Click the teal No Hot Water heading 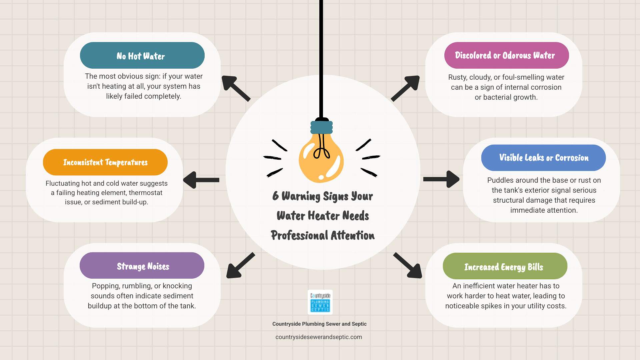click(142, 56)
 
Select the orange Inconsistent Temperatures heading click(105, 162)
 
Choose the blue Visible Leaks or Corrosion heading click(543, 158)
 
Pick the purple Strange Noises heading click(142, 266)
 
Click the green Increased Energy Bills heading click(505, 267)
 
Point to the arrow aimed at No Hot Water click(235, 88)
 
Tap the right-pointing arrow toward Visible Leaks click(441, 179)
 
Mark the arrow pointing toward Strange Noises click(240, 266)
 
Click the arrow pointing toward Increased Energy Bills click(408, 266)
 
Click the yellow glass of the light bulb click(321, 160)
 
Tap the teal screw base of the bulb click(322, 127)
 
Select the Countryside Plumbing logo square click(320, 302)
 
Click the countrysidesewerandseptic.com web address click(319, 337)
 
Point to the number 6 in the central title click(275, 196)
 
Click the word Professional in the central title click(299, 235)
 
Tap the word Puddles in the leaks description click(499, 180)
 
